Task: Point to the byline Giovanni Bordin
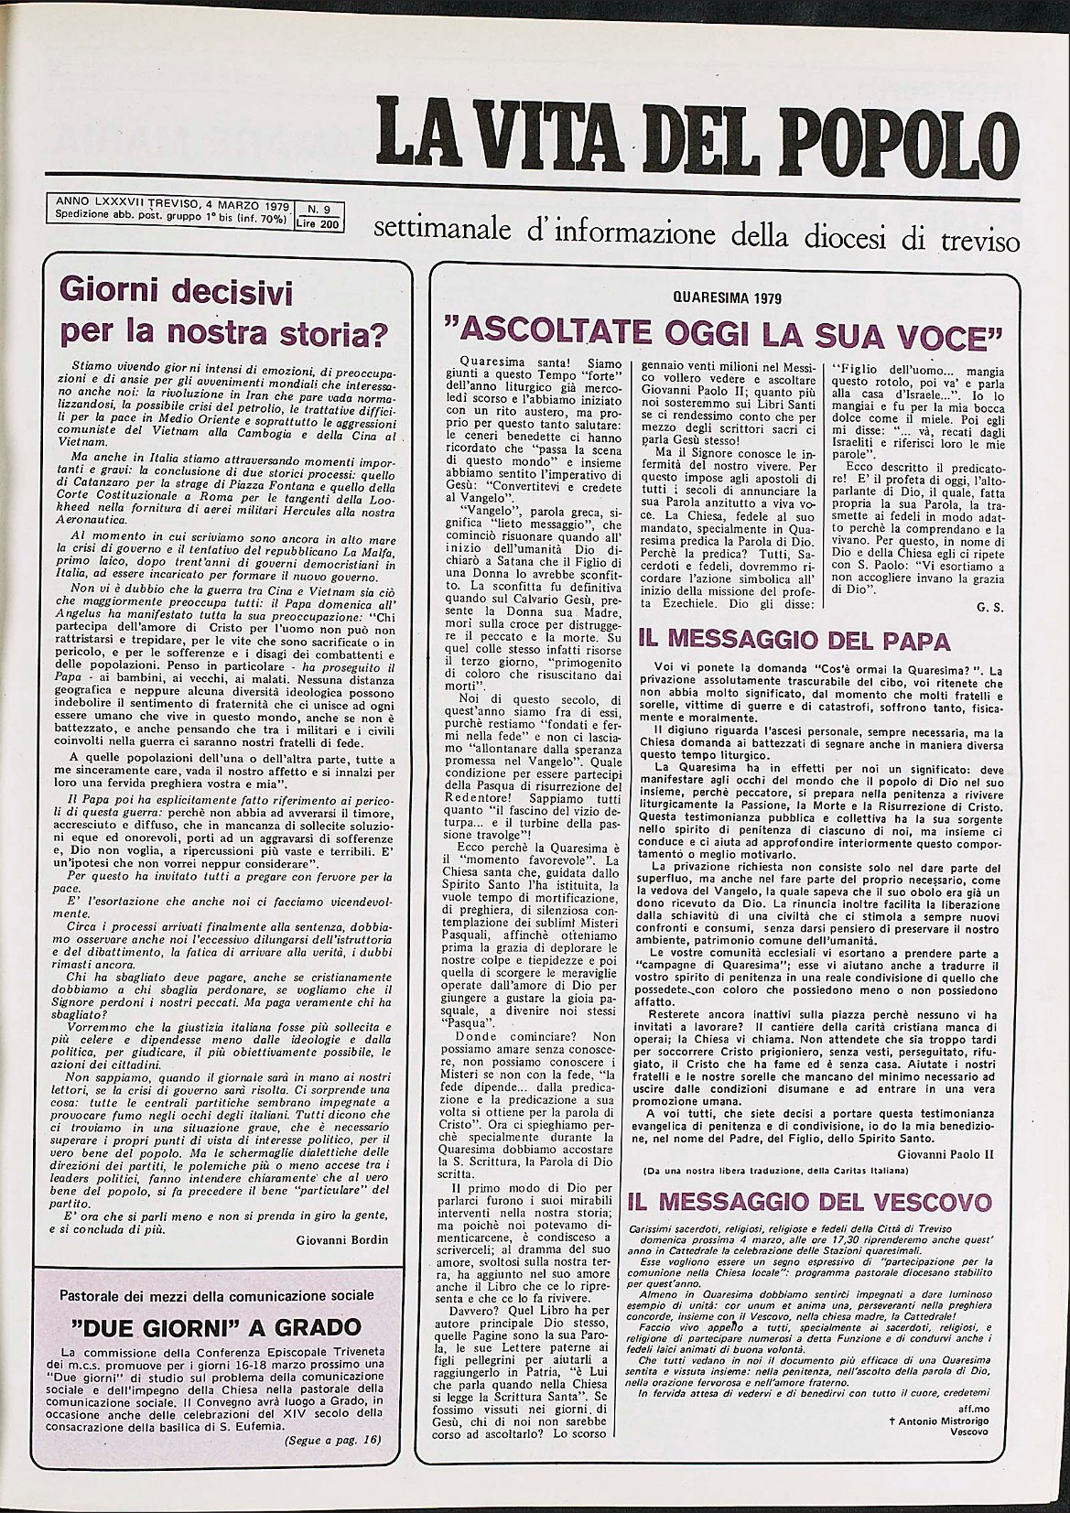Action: click(x=342, y=1239)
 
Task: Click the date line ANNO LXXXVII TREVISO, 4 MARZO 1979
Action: click(x=168, y=204)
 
